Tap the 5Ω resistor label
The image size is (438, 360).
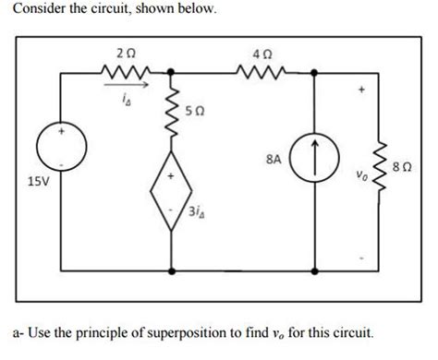193,110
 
